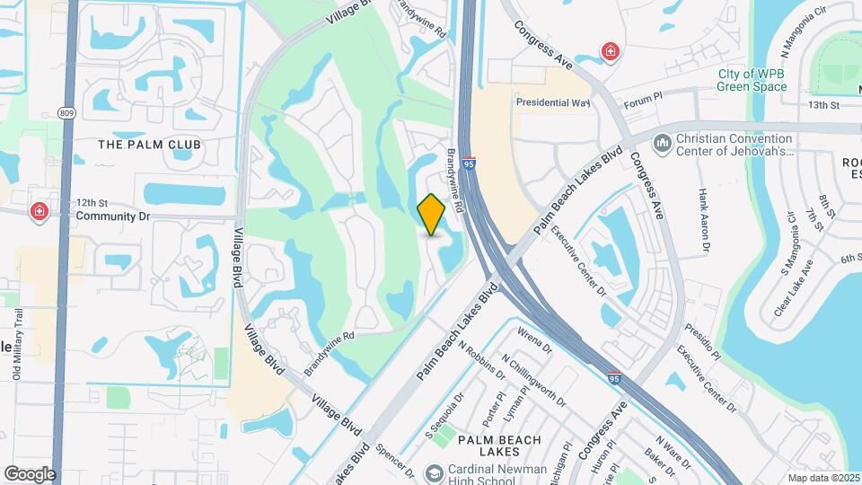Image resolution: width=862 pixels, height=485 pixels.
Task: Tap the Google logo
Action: pyautogui.click(x=30, y=474)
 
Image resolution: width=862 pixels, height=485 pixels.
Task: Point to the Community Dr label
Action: pyautogui.click(x=110, y=216)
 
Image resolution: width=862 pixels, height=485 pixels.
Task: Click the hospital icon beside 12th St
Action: pyautogui.click(x=40, y=212)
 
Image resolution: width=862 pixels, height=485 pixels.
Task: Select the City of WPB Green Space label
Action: pyautogui.click(x=752, y=81)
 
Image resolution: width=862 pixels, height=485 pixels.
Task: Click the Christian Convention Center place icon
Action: pyautogui.click(x=663, y=143)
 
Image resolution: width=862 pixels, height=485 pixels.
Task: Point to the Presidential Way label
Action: pyautogui.click(x=552, y=102)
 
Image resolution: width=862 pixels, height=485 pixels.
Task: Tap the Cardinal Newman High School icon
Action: pyautogui.click(x=435, y=472)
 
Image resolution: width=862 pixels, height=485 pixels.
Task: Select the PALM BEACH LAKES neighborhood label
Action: pyautogui.click(x=499, y=446)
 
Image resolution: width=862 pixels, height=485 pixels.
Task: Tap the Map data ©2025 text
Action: pyautogui.click(x=822, y=477)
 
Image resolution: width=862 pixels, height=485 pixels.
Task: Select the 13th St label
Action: pyautogui.click(x=822, y=105)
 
